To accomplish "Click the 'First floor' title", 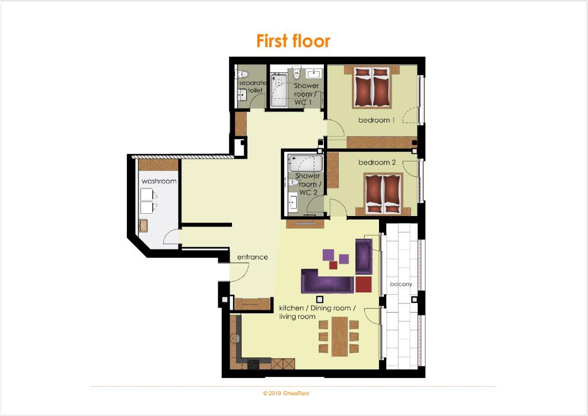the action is (293, 41).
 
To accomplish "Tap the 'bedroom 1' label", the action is (376, 120).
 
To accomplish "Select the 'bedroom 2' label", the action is (377, 163).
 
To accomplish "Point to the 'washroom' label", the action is (159, 181).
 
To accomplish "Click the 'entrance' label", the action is (253, 257).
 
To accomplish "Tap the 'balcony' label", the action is (401, 284).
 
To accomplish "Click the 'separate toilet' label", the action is (252, 86).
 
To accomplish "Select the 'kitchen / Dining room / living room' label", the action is (317, 312).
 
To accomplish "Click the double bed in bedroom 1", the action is (372, 87).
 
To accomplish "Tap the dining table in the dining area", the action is (339, 336).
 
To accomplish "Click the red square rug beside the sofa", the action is (363, 284).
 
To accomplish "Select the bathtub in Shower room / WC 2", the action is (305, 163).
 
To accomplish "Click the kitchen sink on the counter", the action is (235, 338).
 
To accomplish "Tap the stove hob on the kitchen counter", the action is (253, 364).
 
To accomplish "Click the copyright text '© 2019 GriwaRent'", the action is (286, 394).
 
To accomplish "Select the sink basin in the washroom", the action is (143, 225).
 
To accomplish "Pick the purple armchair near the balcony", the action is (363, 257).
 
